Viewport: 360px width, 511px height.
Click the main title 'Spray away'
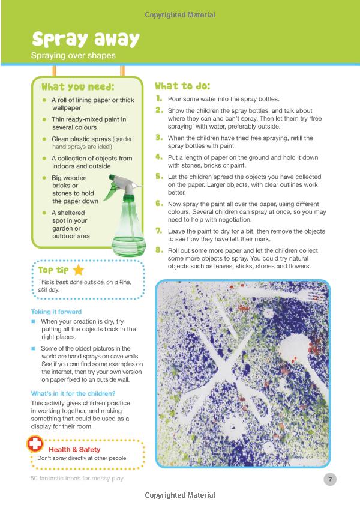pos(85,39)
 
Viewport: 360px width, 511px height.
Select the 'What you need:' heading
pos(78,87)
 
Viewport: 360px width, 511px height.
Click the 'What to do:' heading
pos(182,86)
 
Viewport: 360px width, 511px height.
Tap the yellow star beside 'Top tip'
pos(78,270)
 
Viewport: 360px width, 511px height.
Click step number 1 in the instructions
pos(159,98)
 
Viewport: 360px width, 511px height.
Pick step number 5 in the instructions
pos(159,177)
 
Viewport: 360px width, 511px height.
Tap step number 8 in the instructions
pos(159,250)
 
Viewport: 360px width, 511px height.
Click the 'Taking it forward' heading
pos(56,312)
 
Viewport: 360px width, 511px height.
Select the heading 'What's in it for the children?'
pos(73,393)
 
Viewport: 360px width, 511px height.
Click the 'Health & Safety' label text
pos(74,449)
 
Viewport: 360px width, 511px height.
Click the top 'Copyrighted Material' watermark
pos(180,14)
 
